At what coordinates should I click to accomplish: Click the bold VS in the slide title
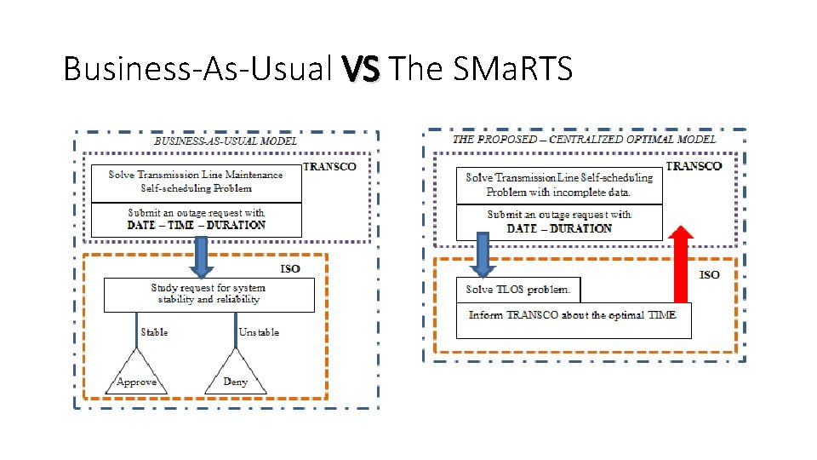364,69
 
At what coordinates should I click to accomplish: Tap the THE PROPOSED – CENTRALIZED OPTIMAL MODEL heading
584,139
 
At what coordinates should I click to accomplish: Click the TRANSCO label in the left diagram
329,167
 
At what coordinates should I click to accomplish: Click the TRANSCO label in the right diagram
694,166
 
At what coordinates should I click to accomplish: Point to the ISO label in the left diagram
290,269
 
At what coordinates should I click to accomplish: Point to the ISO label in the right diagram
709,274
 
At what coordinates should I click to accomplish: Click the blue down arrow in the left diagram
203,256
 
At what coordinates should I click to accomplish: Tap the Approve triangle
136,375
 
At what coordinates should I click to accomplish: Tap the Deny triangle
235,375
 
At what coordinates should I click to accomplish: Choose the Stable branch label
154,331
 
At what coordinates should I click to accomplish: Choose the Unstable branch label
259,331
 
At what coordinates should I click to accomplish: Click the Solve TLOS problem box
518,290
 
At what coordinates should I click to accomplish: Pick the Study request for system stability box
209,295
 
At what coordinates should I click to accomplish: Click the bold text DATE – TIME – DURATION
196,225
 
